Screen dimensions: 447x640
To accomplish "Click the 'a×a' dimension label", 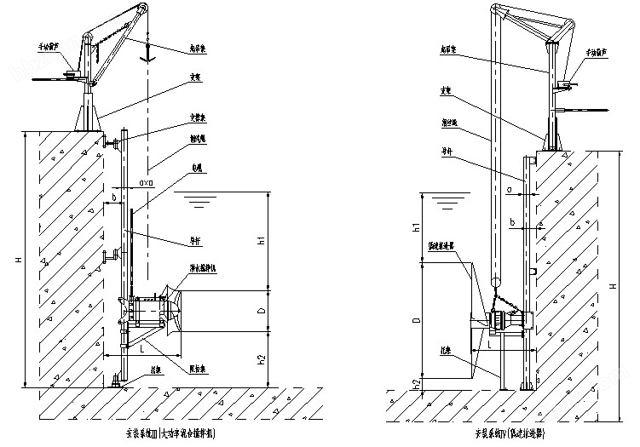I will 145,182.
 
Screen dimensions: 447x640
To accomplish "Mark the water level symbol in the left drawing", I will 198,202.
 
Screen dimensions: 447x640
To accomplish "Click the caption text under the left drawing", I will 168,433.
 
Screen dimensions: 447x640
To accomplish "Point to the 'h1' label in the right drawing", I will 416,227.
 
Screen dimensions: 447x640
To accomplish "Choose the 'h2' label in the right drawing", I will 416,381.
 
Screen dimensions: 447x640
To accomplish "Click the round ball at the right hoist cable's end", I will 494,278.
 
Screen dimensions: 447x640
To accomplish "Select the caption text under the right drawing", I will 510,433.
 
